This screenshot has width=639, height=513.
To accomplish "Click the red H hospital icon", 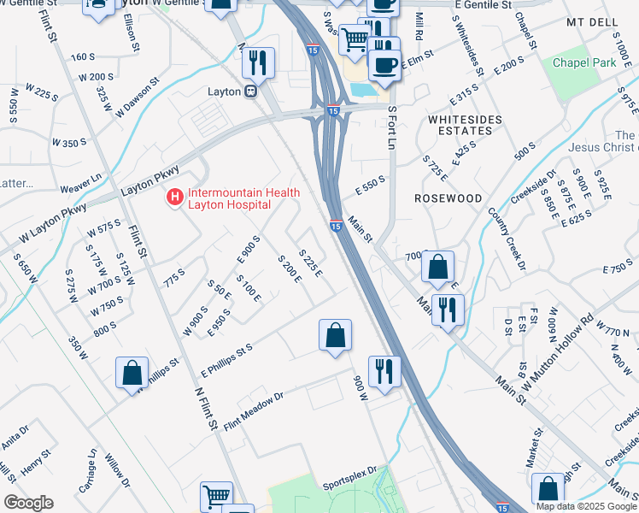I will pyautogui.click(x=175, y=198).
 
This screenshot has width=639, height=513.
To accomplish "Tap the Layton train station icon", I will pyautogui.click(x=251, y=91).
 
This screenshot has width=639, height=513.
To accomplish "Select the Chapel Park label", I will pyautogui.click(x=583, y=62).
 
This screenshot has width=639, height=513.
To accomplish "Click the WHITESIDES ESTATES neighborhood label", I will pyautogui.click(x=460, y=125).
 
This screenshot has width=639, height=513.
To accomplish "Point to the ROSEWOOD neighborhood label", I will pyautogui.click(x=448, y=198).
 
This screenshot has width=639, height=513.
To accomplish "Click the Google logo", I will pyautogui.click(x=28, y=503).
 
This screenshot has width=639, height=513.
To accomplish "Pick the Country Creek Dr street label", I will pyautogui.click(x=506, y=240).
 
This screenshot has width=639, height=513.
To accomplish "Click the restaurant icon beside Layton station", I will pyautogui.click(x=257, y=62).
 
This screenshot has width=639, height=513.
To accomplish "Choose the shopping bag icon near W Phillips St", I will pyautogui.click(x=132, y=373).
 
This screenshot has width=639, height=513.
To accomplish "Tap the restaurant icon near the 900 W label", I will pyautogui.click(x=384, y=370).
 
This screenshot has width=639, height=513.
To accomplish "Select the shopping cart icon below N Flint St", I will pyautogui.click(x=216, y=496).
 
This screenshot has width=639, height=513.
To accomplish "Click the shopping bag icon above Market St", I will pyautogui.click(x=548, y=489).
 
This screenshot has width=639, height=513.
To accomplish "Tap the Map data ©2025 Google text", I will pyautogui.click(x=585, y=506).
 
